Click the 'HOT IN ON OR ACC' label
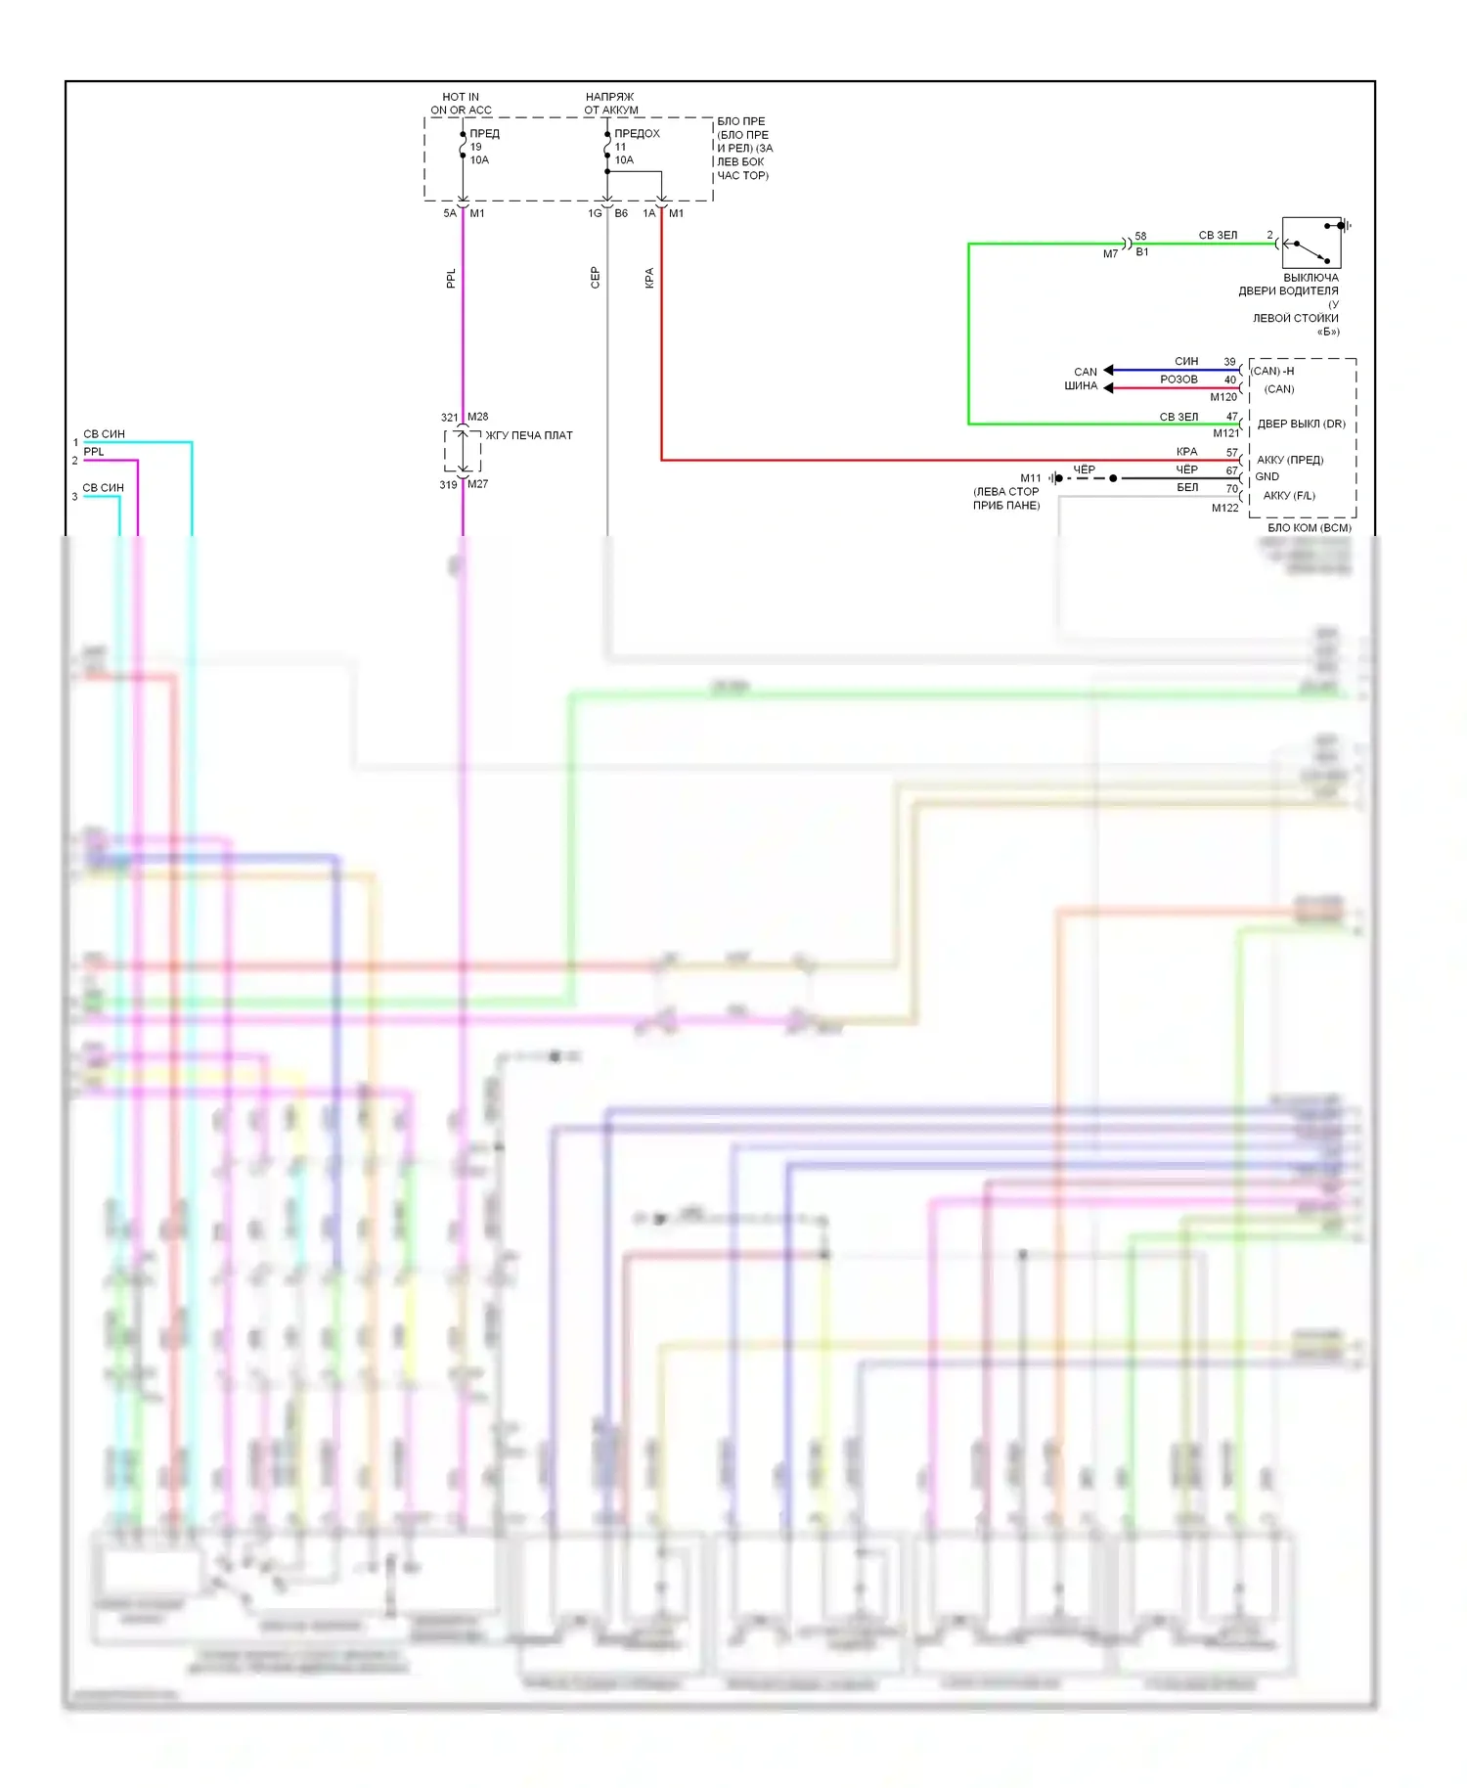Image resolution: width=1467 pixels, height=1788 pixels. (461, 104)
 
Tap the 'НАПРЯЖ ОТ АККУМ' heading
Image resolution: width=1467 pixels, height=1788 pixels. (610, 104)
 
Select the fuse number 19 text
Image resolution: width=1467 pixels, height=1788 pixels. (475, 147)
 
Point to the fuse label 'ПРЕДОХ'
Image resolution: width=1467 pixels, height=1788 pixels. (637, 133)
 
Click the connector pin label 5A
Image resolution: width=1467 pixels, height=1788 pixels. (450, 213)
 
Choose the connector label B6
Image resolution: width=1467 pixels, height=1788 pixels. (621, 213)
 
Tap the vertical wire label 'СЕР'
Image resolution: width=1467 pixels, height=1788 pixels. (595, 278)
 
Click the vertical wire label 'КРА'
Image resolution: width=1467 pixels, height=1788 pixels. (649, 278)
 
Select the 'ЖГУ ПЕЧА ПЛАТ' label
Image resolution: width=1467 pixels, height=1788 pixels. (529, 435)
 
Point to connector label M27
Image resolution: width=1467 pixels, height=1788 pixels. (477, 484)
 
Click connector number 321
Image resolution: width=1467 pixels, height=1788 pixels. (449, 418)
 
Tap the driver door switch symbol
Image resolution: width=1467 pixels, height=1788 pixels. (1311, 244)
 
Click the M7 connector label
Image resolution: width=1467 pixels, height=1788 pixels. (1110, 254)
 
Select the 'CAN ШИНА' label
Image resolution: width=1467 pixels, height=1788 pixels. (1082, 379)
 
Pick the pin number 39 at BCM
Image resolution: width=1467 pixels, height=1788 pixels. (1229, 362)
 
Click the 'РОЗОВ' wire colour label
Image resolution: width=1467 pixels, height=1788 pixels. (1178, 380)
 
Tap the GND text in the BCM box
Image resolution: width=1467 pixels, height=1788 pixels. (1267, 477)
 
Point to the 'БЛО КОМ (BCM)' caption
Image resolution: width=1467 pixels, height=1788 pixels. (1309, 528)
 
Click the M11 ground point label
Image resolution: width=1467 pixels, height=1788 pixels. (1031, 478)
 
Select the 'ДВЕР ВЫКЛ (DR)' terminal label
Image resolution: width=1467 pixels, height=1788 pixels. (1301, 425)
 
